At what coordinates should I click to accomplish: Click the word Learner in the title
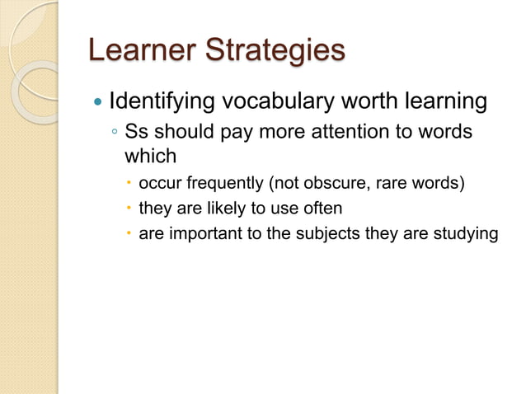(135, 50)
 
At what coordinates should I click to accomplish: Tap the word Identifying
(156, 104)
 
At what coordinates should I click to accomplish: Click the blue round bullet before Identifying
(98, 104)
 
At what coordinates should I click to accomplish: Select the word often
(323, 208)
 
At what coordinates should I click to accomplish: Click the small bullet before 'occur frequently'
(129, 182)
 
